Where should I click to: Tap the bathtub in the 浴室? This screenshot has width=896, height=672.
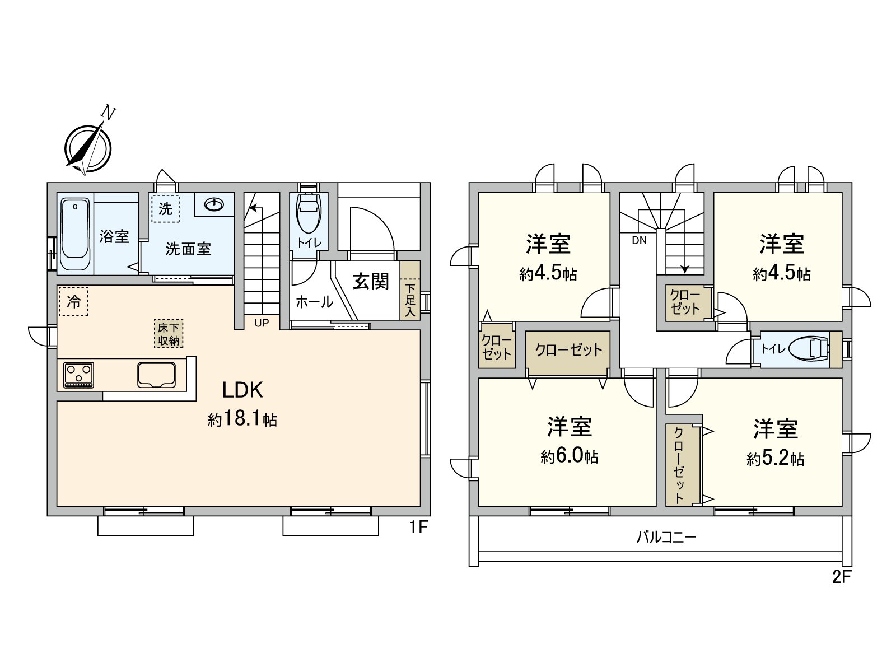pyautogui.click(x=75, y=234)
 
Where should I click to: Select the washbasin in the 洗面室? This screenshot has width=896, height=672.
pyautogui.click(x=214, y=204)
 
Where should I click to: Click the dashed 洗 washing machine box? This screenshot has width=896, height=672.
pyautogui.click(x=165, y=209)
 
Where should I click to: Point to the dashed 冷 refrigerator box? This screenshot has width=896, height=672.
pyautogui.click(x=73, y=301)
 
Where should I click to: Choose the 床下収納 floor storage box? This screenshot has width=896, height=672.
pyautogui.click(x=168, y=334)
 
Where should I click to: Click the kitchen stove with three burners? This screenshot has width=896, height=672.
pyautogui.click(x=79, y=375)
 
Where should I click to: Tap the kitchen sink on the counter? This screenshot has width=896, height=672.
pyautogui.click(x=156, y=375)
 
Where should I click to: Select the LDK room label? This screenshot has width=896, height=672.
pyautogui.click(x=242, y=390)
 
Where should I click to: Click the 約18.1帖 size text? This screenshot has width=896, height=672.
pyautogui.click(x=242, y=419)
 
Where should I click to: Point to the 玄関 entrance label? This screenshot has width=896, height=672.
pyautogui.click(x=371, y=282)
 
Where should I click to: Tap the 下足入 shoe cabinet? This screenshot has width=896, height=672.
pyautogui.click(x=410, y=290)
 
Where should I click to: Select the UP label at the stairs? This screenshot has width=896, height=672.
pyautogui.click(x=262, y=323)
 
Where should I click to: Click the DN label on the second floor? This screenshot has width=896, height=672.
pyautogui.click(x=640, y=241)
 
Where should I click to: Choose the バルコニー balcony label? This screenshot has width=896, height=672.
pyautogui.click(x=666, y=537)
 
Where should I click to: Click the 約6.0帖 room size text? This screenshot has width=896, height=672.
pyautogui.click(x=569, y=456)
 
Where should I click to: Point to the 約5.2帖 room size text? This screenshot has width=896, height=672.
pyautogui.click(x=775, y=459)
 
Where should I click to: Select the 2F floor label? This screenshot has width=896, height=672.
pyautogui.click(x=841, y=577)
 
